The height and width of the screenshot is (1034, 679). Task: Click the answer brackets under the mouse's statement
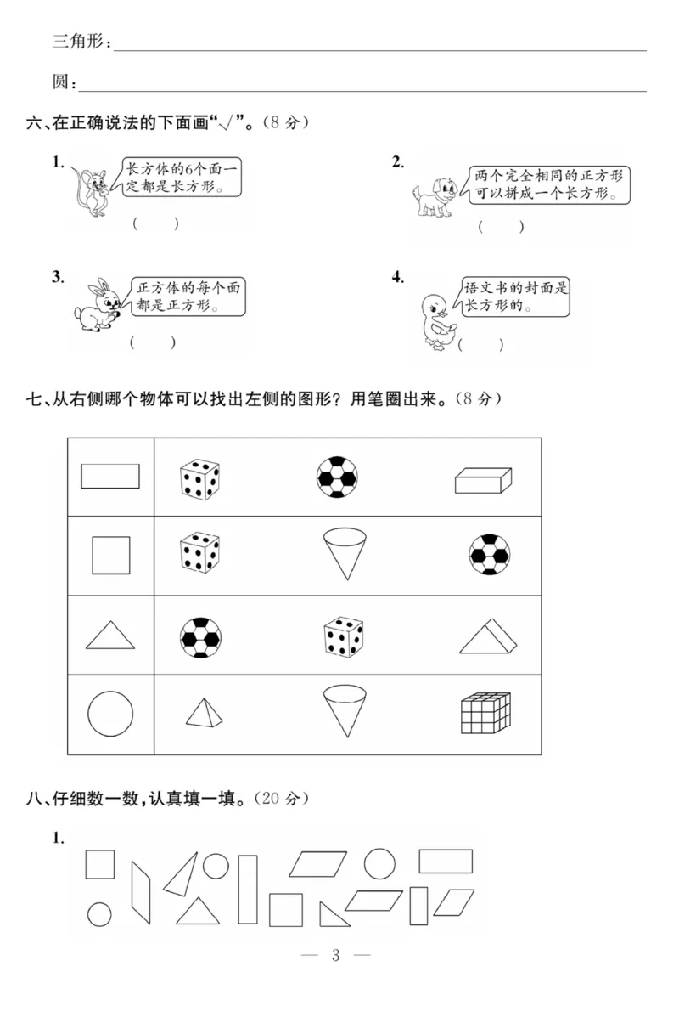(155, 223)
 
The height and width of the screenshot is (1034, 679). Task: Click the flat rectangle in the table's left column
(110, 476)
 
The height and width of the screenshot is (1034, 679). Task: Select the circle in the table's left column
(110, 713)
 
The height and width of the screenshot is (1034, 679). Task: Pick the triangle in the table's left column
(110, 635)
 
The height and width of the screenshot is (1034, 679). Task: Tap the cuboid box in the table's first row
(483, 480)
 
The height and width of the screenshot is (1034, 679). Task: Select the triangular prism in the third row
(489, 635)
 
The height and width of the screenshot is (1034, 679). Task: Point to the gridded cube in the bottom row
(485, 713)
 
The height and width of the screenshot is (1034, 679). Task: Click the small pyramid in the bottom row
(205, 713)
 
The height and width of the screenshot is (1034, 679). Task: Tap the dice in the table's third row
(344, 636)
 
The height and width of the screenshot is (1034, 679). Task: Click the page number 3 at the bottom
(335, 955)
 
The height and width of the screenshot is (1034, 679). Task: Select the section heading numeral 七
(35, 398)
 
